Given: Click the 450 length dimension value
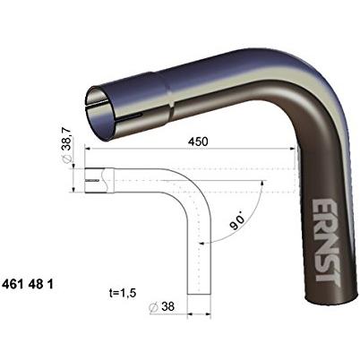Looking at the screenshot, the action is pos(198,141).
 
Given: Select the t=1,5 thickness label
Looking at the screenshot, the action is pos(123,293).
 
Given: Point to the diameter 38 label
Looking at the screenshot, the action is pos(161,306).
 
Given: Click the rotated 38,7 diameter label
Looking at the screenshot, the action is pos(66,145).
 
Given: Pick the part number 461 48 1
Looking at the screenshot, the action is pos(28,284).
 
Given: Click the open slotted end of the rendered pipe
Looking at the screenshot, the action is pos(99,115).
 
